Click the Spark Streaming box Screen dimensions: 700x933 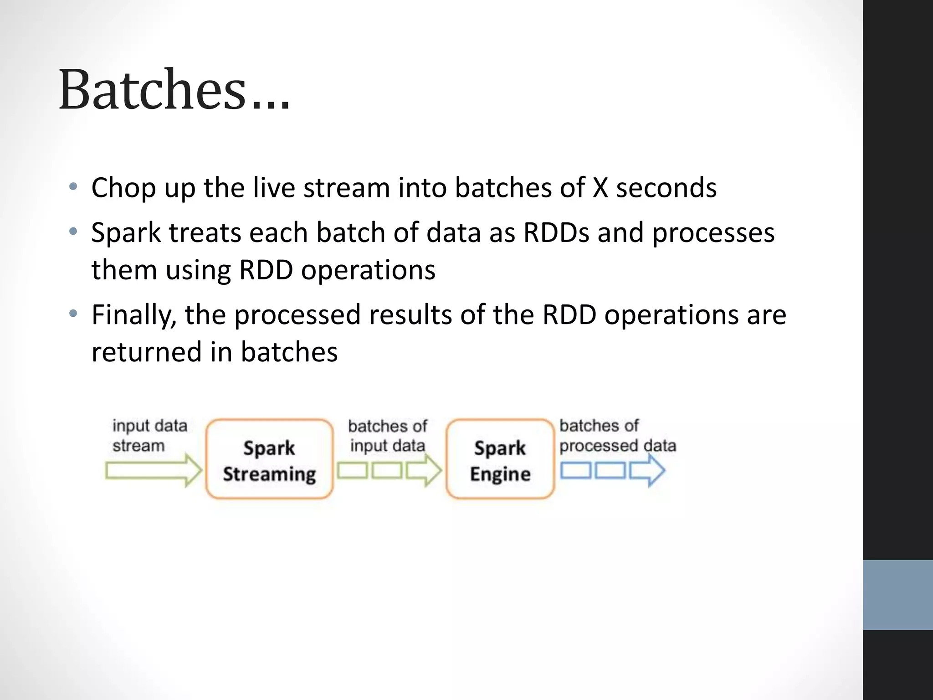point(269,459)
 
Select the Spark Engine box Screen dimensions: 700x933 point(500,459)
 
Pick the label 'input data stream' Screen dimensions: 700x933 point(149,436)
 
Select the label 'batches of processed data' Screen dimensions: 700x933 point(617,436)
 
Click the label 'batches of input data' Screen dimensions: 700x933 point(388,436)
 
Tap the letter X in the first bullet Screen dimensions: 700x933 point(600,188)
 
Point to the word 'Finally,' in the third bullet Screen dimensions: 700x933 point(134,315)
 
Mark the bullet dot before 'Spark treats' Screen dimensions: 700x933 point(73,232)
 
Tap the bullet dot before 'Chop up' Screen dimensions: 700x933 point(73,187)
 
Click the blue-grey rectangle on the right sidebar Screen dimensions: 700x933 point(897,595)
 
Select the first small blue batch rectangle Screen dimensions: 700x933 point(575,470)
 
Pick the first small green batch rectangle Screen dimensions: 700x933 point(352,470)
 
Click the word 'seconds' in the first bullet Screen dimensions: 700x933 point(666,188)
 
